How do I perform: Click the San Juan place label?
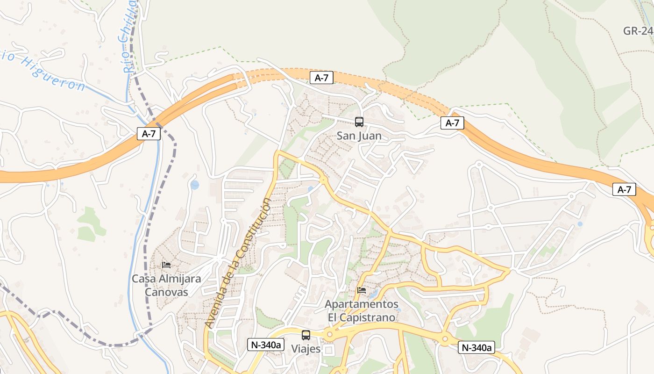coord(359,136)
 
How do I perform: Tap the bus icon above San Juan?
coord(359,122)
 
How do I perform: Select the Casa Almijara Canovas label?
coord(166,285)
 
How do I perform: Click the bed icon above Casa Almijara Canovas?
coord(166,265)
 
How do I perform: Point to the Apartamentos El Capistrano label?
coord(362,311)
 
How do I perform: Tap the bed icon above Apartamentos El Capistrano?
coord(362,290)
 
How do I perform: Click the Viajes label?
coord(306,349)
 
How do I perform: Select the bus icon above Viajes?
coord(306,335)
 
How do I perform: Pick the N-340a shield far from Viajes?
coord(476,347)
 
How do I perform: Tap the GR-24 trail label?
coord(638,31)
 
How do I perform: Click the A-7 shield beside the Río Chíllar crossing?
coord(149,134)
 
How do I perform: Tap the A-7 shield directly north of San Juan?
coord(321,78)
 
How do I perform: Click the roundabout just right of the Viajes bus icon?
coord(330,334)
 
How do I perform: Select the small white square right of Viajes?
coord(329,350)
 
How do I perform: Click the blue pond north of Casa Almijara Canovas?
coord(195,185)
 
